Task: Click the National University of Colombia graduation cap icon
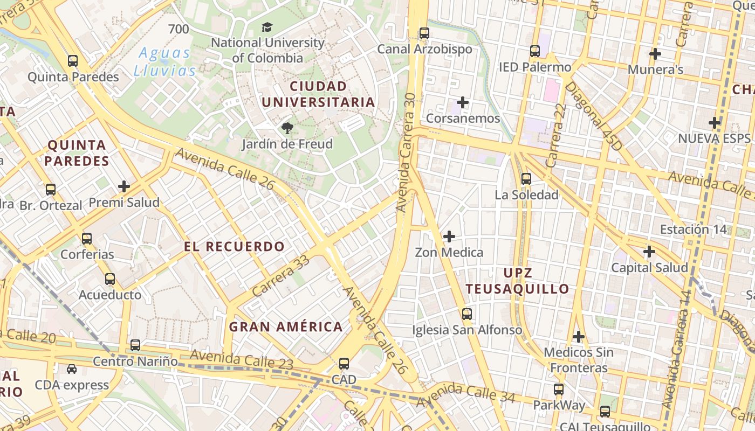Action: pyautogui.click(x=267, y=27)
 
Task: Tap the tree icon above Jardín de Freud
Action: pyautogui.click(x=287, y=128)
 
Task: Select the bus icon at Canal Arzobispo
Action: pyautogui.click(x=424, y=33)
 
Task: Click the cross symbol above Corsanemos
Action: pyautogui.click(x=463, y=102)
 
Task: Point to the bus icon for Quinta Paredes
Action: pyautogui.click(x=73, y=61)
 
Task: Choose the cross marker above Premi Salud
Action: pyautogui.click(x=124, y=186)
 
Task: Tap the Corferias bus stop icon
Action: pyautogui.click(x=87, y=238)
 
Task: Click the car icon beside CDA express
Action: pyautogui.click(x=72, y=369)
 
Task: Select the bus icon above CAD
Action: pyautogui.click(x=344, y=364)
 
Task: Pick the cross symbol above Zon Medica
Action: pyautogui.click(x=449, y=236)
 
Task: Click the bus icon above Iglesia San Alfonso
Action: pyautogui.click(x=467, y=314)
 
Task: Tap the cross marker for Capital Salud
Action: pyautogui.click(x=649, y=252)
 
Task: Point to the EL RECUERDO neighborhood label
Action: pyautogui.click(x=234, y=247)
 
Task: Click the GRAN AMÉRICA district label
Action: pyautogui.click(x=286, y=326)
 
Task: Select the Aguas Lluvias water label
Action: pyautogui.click(x=164, y=61)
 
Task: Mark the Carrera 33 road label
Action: pyautogui.click(x=280, y=275)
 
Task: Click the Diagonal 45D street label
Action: pyautogui.click(x=593, y=116)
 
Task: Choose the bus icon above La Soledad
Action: pyautogui.click(x=526, y=178)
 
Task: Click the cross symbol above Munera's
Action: pyautogui.click(x=655, y=54)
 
